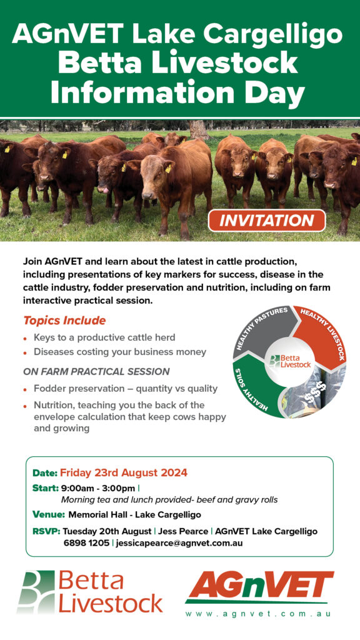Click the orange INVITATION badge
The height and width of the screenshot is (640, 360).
[x=266, y=221]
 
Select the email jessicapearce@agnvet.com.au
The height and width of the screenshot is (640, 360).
[x=179, y=543]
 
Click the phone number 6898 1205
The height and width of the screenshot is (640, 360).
[x=86, y=543]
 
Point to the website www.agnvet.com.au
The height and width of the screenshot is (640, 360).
[x=258, y=614]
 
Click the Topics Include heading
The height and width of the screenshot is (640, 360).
[x=64, y=321]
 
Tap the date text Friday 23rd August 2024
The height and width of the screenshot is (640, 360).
[x=124, y=472]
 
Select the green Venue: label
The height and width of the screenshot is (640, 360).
[x=49, y=514]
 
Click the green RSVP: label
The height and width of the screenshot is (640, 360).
[x=46, y=531]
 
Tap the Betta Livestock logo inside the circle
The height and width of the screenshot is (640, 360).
[x=289, y=361]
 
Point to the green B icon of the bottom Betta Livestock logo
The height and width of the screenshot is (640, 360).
[x=36, y=592]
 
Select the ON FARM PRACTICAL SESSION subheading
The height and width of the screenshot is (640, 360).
[x=96, y=372]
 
